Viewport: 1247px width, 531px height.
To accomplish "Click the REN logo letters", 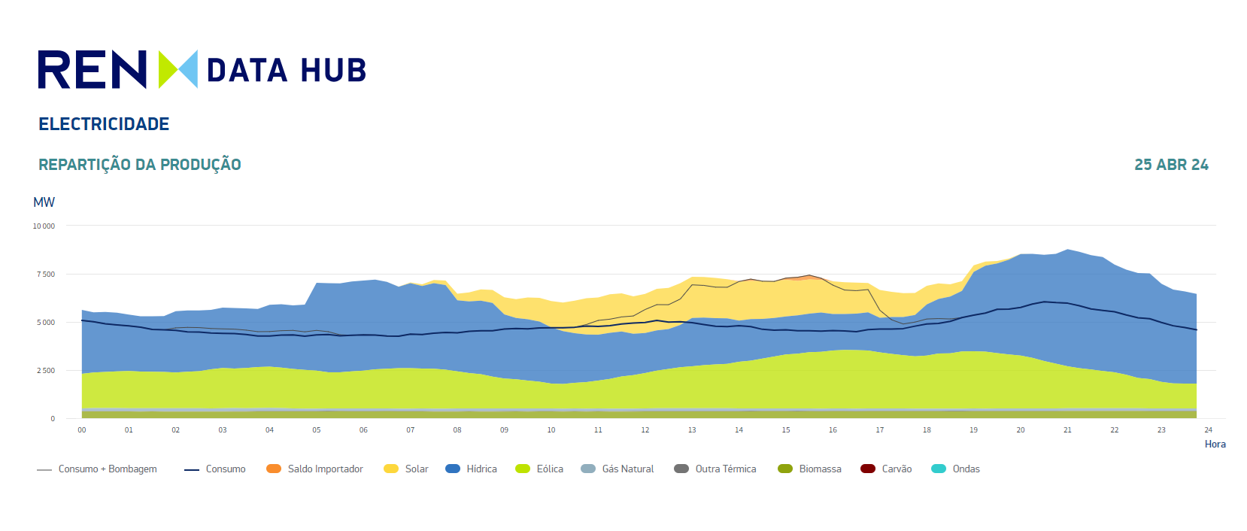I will pos(92,70).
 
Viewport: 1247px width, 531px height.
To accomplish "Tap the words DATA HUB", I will pos(286,71).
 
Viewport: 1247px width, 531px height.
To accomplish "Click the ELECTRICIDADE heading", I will pos(104,124).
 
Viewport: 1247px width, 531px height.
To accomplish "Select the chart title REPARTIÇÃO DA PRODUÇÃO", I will pos(140,165).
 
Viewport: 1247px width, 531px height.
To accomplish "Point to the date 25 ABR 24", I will pos(1171,165).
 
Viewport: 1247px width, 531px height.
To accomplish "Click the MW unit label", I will pos(44,202).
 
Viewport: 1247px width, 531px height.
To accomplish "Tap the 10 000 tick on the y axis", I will pos(44,226).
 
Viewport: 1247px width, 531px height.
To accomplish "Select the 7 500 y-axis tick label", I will pos(46,274).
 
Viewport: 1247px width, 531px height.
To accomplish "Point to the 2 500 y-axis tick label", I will pos(46,370).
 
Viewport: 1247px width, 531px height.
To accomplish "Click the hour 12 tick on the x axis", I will pos(645,430).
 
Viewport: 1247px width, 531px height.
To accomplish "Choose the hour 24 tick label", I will pos(1208,430).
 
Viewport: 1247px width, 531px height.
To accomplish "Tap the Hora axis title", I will pos(1215,445).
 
